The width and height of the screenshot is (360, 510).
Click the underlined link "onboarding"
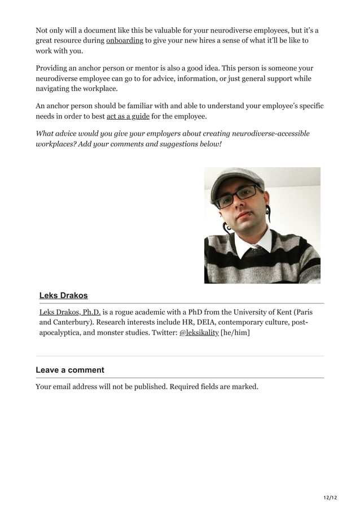pyautogui.click(x=125, y=41)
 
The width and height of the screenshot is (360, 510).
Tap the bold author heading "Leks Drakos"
pyautogui.click(x=63, y=295)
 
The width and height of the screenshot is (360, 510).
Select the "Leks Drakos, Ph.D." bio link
pyautogui.click(x=70, y=312)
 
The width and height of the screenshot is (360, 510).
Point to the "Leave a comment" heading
pyautogui.click(x=70, y=370)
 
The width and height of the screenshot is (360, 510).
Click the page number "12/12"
pyautogui.click(x=330, y=497)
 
